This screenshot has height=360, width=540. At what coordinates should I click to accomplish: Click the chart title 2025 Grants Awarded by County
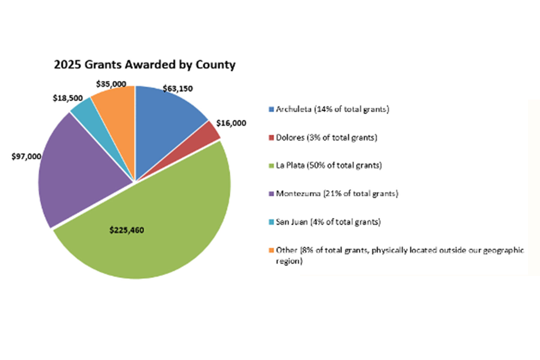145,65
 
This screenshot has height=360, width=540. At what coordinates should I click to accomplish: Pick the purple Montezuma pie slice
81,168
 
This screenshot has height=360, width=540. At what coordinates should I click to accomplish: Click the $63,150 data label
178,89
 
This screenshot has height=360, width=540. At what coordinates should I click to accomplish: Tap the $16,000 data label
231,123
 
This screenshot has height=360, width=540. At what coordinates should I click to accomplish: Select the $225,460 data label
127,230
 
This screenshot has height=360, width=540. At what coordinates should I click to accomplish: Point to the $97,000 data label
26,157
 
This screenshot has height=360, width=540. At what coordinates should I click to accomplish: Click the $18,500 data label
68,98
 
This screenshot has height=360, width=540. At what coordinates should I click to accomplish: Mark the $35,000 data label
111,84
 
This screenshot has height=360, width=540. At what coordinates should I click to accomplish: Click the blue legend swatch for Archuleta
271,109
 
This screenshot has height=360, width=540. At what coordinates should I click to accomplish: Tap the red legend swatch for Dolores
271,138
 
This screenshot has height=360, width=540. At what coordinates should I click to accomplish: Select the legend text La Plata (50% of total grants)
329,165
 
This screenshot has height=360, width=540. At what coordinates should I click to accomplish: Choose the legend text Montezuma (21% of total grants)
337,193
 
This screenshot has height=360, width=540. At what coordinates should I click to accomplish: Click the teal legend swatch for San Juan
271,222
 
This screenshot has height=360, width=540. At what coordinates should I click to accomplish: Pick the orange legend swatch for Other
271,250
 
